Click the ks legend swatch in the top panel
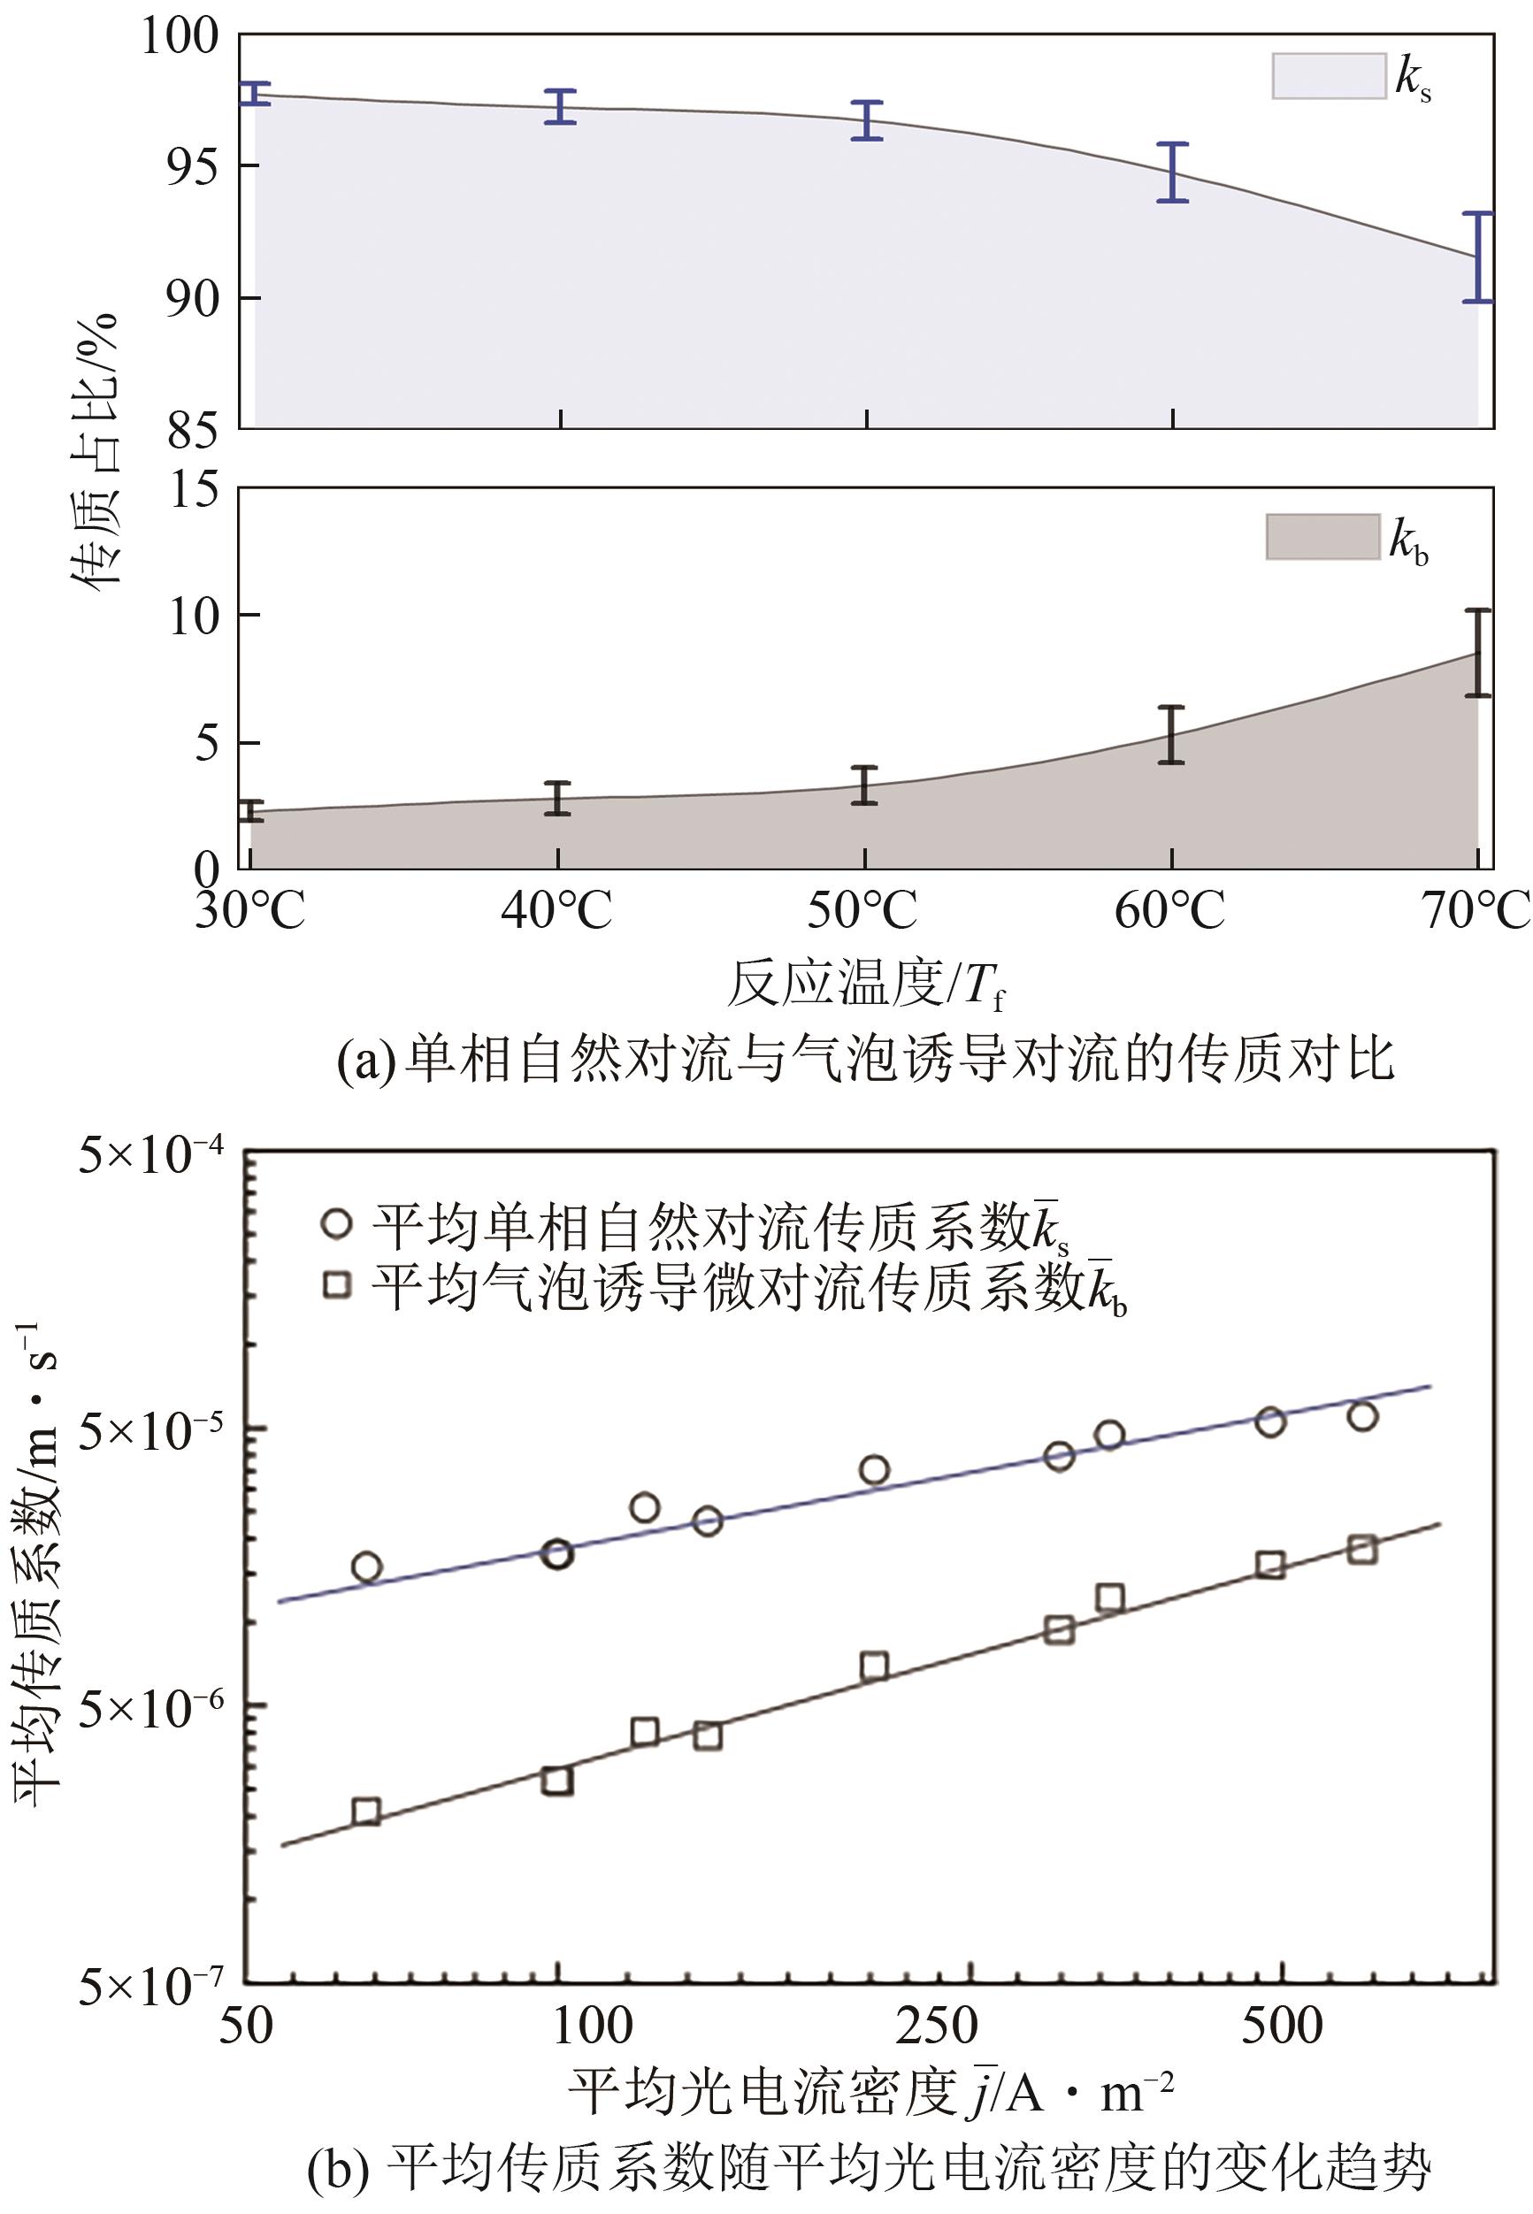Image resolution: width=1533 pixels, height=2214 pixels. (x=1329, y=76)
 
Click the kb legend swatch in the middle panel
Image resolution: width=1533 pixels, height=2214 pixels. (x=1322, y=537)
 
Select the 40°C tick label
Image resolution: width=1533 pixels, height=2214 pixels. (x=556, y=908)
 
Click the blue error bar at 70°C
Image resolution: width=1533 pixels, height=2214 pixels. (x=1478, y=257)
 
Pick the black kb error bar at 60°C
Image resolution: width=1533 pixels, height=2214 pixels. (x=1170, y=735)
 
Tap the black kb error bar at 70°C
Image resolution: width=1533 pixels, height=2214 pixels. (x=1478, y=653)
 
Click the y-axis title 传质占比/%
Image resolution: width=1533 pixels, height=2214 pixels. (x=96, y=451)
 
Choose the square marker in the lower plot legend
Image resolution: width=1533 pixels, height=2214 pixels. (x=337, y=1284)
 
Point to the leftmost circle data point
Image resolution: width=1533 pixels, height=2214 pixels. (x=366, y=1567)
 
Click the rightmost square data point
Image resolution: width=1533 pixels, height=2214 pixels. (x=1362, y=1550)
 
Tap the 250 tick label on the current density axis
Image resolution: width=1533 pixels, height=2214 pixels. (x=937, y=2025)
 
